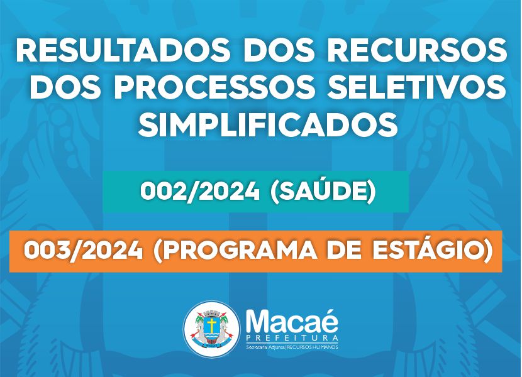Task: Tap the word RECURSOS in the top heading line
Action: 417,52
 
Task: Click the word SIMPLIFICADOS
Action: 268,125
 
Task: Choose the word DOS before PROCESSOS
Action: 67,88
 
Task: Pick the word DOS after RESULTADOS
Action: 279,52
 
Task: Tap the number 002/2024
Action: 200,192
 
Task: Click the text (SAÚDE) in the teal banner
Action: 323,192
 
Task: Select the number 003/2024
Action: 83,251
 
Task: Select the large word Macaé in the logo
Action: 292,321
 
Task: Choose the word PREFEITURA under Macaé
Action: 292,339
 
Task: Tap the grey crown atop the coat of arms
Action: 211,313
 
